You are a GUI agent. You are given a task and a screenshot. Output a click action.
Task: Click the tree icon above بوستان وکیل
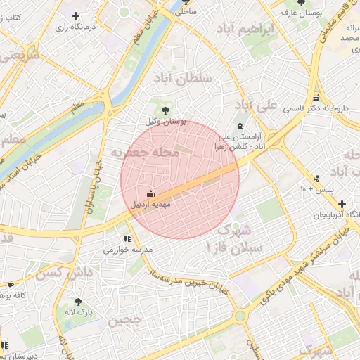tap(165, 110)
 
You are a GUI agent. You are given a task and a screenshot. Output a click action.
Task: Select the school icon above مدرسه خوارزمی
tap(127, 239)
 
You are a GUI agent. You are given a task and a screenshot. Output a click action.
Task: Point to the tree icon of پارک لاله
tap(78, 301)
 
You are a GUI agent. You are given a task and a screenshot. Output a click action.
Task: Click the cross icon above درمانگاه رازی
tap(75, 15)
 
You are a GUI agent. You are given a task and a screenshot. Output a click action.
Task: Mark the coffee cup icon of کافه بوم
tap(11, 285)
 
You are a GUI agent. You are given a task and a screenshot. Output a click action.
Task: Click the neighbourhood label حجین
tap(127, 321)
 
